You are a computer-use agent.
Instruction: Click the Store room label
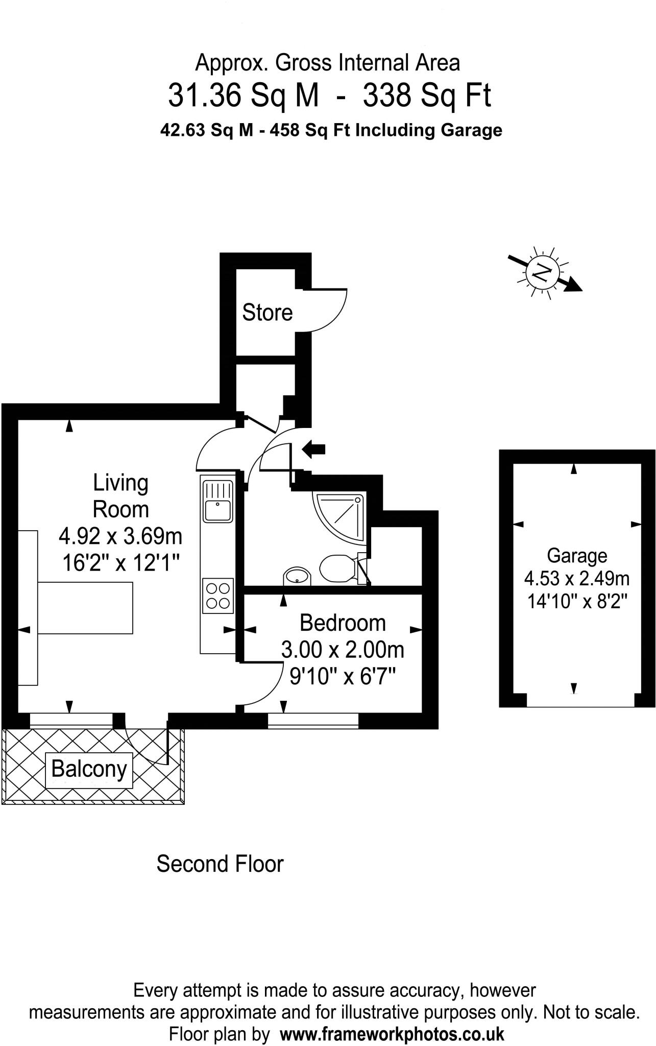click(267, 313)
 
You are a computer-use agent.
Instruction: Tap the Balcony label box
click(89, 769)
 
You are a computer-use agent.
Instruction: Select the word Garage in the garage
click(577, 555)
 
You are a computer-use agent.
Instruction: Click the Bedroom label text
click(342, 623)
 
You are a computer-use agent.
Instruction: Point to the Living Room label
click(120, 496)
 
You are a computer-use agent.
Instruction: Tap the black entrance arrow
click(313, 449)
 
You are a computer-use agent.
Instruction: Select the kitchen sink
click(218, 501)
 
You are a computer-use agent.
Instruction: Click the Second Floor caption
click(220, 864)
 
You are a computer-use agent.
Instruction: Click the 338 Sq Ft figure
click(427, 96)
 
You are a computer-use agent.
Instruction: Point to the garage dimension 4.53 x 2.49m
click(577, 579)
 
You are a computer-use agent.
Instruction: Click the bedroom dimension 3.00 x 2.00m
click(343, 650)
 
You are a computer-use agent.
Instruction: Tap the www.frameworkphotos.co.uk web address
click(392, 1034)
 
